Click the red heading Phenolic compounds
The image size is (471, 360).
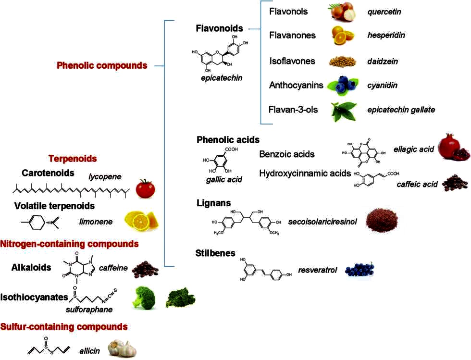[x=101, y=65]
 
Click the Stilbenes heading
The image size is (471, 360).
[x=215, y=253]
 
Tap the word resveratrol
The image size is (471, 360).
[x=318, y=271]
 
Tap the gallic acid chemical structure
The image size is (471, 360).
[x=220, y=162]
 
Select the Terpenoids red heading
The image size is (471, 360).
[x=73, y=158]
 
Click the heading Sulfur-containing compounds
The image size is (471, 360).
[x=64, y=327]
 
